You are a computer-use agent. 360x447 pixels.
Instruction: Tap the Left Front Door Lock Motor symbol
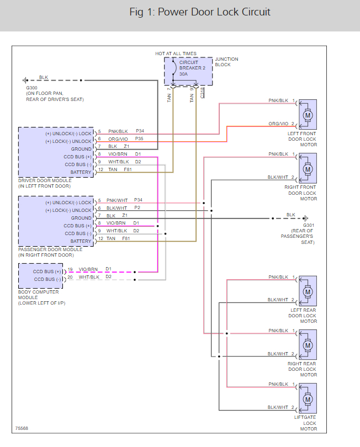(308, 115)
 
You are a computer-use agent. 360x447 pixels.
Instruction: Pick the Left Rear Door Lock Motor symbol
(308, 291)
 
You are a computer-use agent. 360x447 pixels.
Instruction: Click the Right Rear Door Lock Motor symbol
(308, 345)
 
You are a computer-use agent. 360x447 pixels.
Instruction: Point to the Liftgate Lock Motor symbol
(308, 398)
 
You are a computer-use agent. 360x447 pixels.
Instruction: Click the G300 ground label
(31, 88)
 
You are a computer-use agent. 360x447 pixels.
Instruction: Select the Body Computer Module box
(41, 276)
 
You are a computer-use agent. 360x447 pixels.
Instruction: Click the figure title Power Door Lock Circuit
(200, 12)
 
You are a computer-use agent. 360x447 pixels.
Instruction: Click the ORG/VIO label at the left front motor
(278, 124)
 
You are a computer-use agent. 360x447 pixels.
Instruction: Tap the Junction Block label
(226, 62)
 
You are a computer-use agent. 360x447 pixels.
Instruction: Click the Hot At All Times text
(176, 54)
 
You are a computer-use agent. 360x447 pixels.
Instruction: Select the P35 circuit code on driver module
(139, 139)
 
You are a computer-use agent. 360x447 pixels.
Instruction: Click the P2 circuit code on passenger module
(137, 208)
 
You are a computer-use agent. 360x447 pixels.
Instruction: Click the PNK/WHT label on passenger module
(118, 200)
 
